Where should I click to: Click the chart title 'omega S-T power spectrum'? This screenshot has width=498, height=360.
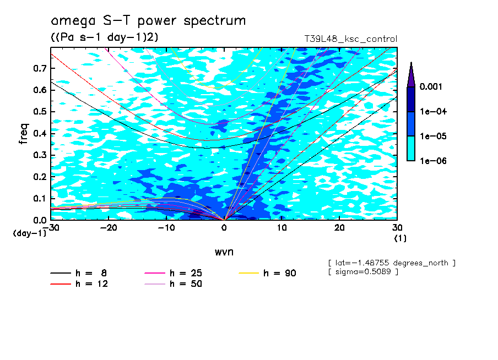pyautogui.click(x=148, y=21)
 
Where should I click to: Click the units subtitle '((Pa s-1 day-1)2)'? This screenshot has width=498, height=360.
pyautogui.click(x=101, y=37)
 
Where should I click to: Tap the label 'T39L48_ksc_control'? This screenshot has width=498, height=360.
pyautogui.click(x=350, y=39)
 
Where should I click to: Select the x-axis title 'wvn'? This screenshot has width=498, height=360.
pyautogui.click(x=224, y=252)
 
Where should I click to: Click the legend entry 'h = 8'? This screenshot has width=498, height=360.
pyautogui.click(x=91, y=273)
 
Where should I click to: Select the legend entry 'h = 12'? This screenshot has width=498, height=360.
pyautogui.click(x=91, y=284)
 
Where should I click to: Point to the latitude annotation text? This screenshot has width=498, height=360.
pyautogui.click(x=391, y=263)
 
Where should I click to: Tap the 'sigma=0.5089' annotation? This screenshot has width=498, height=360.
pyautogui.click(x=363, y=272)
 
